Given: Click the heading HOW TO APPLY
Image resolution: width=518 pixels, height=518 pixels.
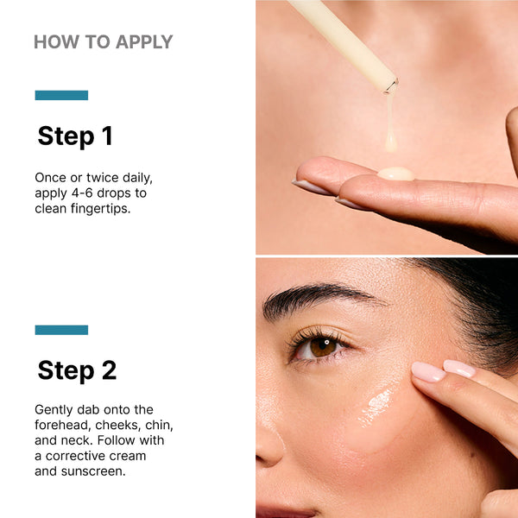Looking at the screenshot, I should pyautogui.click(x=103, y=41).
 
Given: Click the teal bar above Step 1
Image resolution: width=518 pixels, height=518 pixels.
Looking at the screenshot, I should pyautogui.click(x=61, y=95).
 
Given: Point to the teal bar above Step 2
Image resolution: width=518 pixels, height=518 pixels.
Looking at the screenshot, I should pyautogui.click(x=61, y=330).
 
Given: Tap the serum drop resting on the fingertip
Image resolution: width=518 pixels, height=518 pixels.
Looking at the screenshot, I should pyautogui.click(x=395, y=174).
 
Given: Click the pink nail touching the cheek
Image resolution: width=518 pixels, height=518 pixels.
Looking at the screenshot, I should pyautogui.click(x=428, y=372).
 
